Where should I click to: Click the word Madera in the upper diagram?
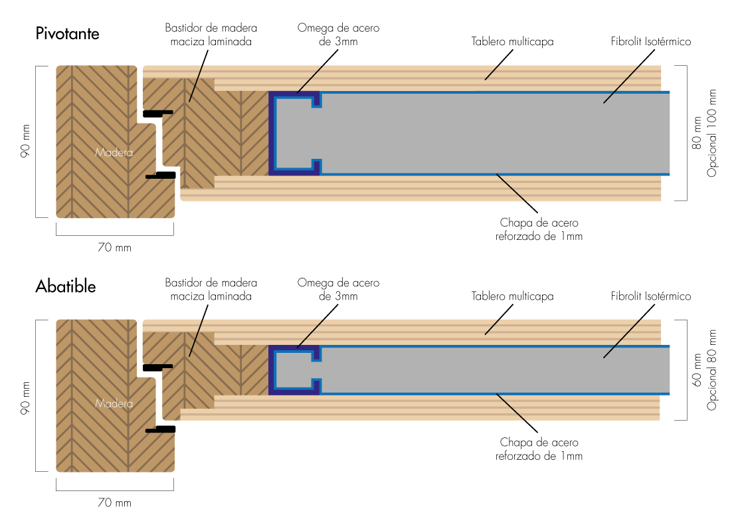pyautogui.click(x=114, y=153)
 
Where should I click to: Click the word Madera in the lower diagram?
pyautogui.click(x=114, y=404)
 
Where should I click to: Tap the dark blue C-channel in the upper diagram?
pyautogui.click(x=272, y=133)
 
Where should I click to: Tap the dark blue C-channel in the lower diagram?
pyautogui.click(x=272, y=370)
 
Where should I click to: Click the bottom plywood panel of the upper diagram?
pyautogui.click(x=399, y=189)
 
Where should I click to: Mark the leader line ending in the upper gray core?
pyautogui.click(x=622, y=84)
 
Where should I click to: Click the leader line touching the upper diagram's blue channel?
pyautogui.click(x=310, y=79)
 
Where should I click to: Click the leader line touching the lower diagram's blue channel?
pyautogui.click(x=311, y=333)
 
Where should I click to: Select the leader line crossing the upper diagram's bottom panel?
pyautogui.click(x=511, y=187)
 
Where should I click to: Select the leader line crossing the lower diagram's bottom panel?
pyautogui.click(x=511, y=407)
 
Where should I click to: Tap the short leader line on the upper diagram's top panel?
pyautogui.click(x=492, y=72)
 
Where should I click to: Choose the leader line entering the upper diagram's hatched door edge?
pyautogui.click(x=195, y=84)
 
